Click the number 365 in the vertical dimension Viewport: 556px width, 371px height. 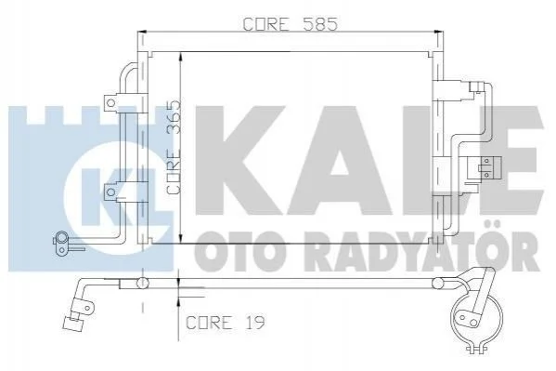(x=174, y=119)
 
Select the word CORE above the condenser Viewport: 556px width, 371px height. (x=265, y=24)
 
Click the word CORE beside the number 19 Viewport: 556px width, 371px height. (x=208, y=323)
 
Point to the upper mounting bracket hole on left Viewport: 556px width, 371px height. (x=111, y=103)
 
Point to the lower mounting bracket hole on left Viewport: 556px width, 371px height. (x=111, y=192)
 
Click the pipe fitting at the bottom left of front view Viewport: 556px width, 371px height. (x=62, y=243)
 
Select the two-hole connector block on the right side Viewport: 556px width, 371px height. (x=485, y=167)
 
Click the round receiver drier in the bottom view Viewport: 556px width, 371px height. (x=476, y=317)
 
